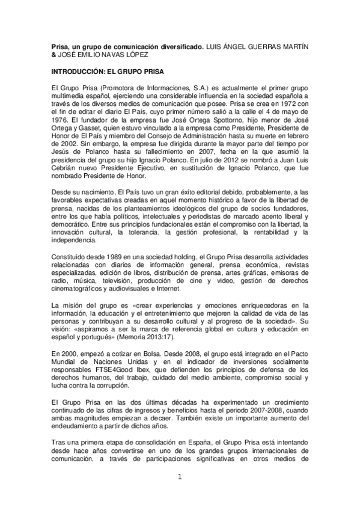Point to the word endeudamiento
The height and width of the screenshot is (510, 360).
79,426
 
